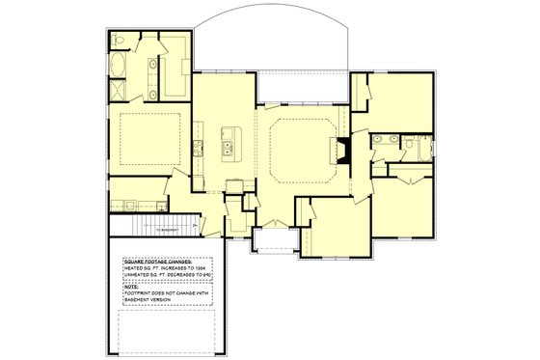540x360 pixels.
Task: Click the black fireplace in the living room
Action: [342, 150]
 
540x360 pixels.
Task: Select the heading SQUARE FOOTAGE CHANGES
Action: [157, 261]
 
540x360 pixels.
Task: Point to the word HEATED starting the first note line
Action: [135, 268]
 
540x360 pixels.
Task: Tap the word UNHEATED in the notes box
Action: [138, 276]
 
